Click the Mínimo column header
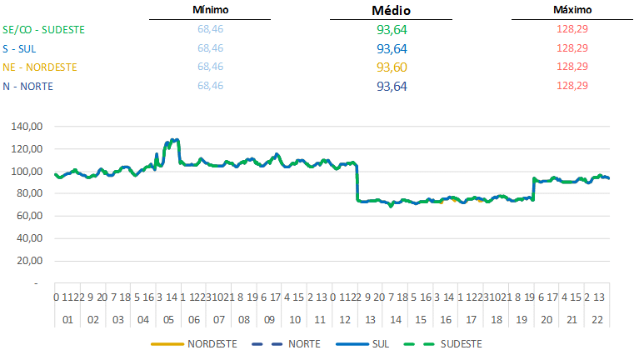pos(210,10)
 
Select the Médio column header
pos(392,11)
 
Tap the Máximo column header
pos(572,10)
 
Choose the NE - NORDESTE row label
pos(39,67)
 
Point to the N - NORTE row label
pos(27,86)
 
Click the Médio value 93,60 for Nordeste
pos(392,67)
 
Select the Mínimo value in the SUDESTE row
pos(210,29)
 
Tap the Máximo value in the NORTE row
pos(572,86)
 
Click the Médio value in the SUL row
pos(392,48)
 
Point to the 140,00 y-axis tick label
pos(29,127)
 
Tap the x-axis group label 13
pos(370,319)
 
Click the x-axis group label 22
pos(597,319)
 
